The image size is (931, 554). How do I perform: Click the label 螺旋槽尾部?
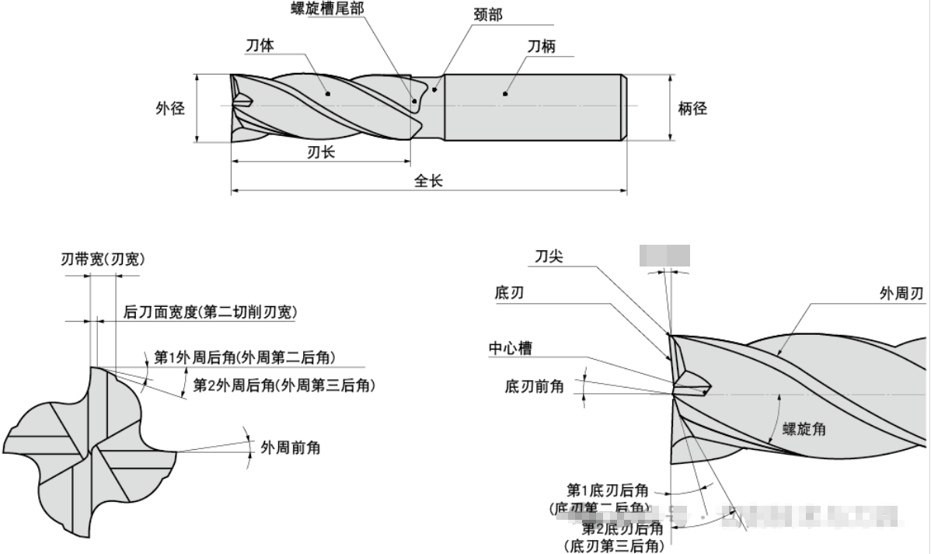tap(327, 9)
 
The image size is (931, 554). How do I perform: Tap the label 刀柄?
tap(542, 46)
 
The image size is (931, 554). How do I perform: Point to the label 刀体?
tap(260, 46)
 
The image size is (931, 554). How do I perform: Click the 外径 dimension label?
tap(169, 109)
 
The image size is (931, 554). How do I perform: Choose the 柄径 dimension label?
tap(692, 109)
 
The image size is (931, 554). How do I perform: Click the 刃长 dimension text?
tap(321, 152)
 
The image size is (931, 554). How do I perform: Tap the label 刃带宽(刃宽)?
tap(103, 260)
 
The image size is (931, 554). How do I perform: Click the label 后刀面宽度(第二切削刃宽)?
tap(211, 312)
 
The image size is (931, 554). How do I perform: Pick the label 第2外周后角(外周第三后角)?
tap(284, 384)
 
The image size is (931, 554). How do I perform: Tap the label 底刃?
tap(509, 292)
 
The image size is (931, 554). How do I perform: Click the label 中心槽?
tap(510, 349)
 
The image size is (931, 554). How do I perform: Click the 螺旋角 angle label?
tap(804, 428)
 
